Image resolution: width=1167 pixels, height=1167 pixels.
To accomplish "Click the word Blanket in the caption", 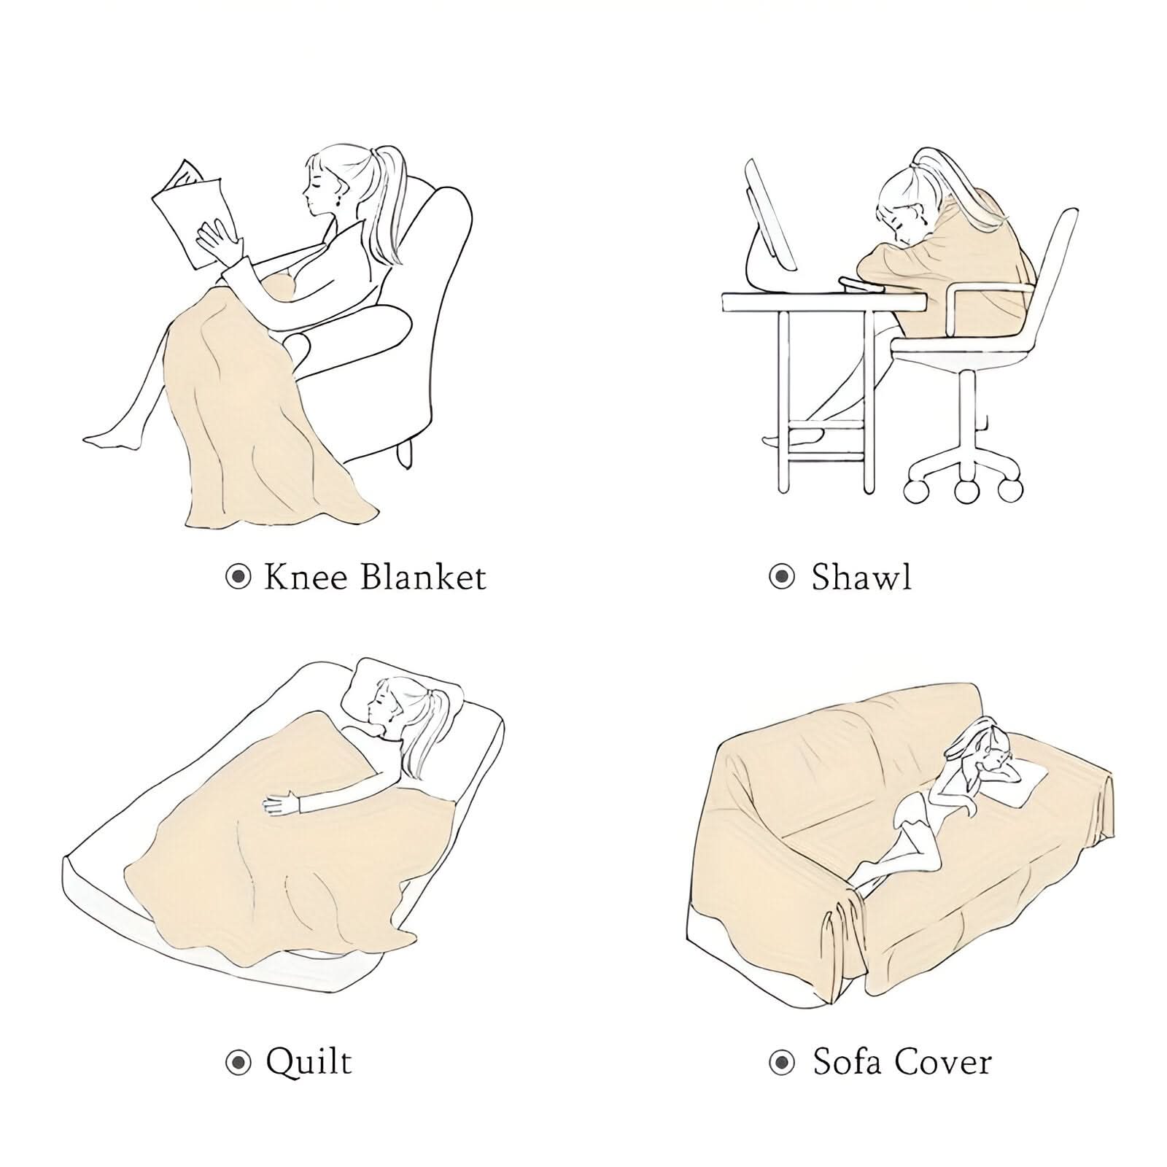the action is click(x=424, y=577).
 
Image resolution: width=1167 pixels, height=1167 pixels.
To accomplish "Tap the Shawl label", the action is click(x=861, y=577).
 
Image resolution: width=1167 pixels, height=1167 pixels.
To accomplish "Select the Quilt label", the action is click(x=309, y=1062).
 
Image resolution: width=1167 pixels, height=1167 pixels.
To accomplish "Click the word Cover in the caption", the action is click(x=942, y=1062).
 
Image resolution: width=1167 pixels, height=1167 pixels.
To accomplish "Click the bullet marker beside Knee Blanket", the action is click(x=238, y=578).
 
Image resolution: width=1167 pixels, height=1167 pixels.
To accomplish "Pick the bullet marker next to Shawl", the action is click(x=782, y=578).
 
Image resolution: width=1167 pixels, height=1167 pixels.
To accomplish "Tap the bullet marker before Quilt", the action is click(x=238, y=1063).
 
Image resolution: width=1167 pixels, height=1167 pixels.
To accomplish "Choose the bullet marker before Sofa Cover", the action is click(x=782, y=1063).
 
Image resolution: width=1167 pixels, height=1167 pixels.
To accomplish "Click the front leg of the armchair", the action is click(x=405, y=454).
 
